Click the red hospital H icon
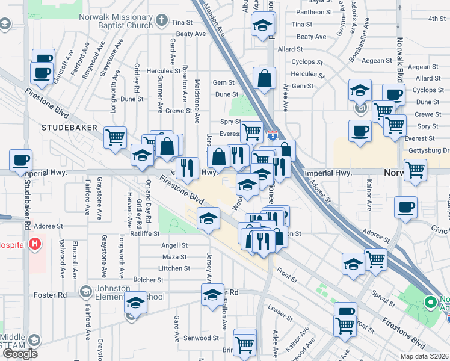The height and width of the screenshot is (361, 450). click(35, 245)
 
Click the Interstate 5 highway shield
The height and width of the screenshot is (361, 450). click(273, 136)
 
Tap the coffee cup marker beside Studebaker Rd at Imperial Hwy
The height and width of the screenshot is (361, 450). click(21, 161)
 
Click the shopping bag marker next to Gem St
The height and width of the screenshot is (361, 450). click(265, 79)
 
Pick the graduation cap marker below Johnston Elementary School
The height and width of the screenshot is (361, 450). click(136, 304)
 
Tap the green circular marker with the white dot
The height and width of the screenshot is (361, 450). click(431, 302)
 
